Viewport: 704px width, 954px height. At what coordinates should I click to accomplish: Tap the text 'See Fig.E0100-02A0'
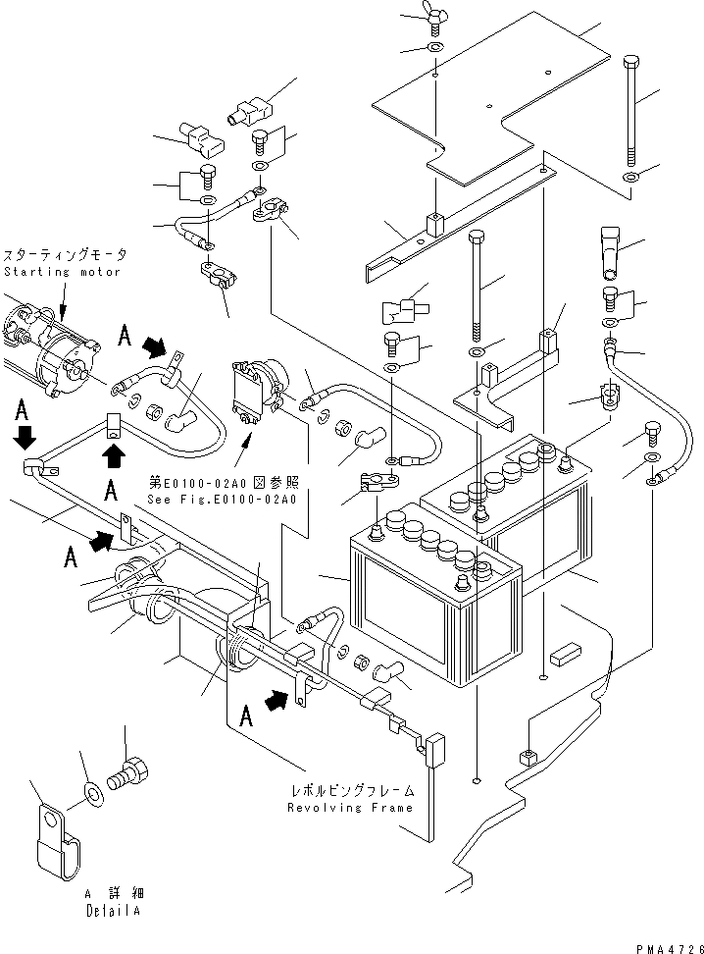click(x=223, y=498)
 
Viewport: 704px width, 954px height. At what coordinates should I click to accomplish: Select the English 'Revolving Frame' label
click(x=349, y=808)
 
